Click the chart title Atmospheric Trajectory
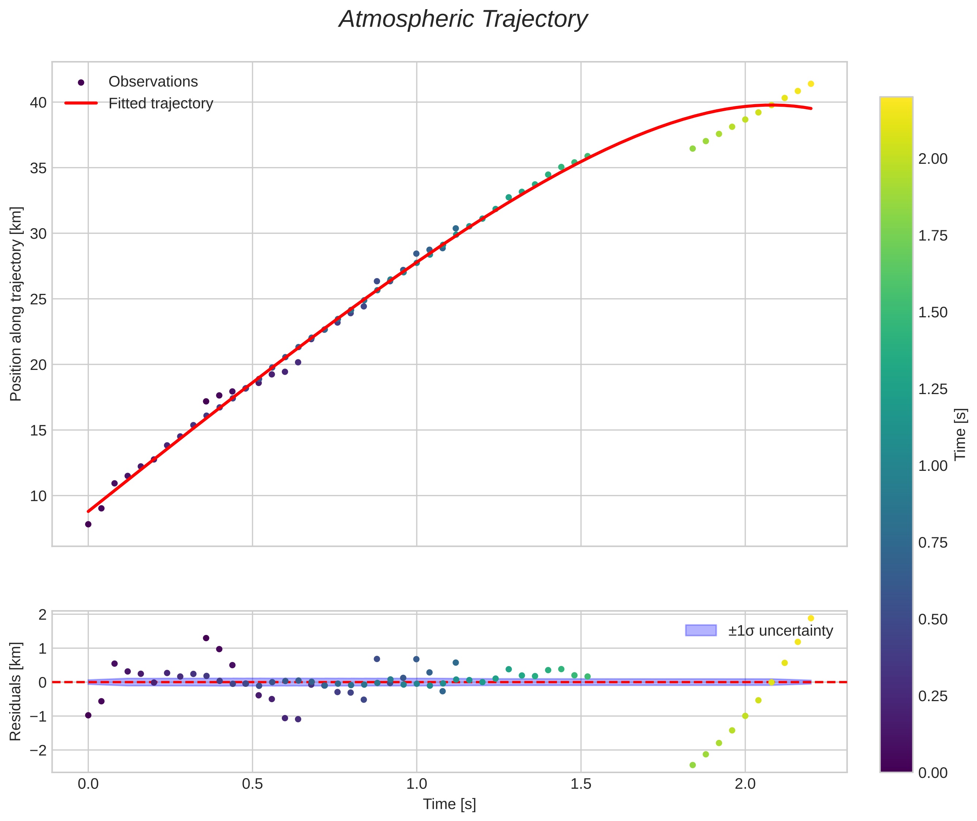tap(463, 19)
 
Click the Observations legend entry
tap(153, 82)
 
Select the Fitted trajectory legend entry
tap(160, 103)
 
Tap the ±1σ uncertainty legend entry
tap(780, 631)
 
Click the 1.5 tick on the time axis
tap(581, 784)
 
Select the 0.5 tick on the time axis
tap(252, 784)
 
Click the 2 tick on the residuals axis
tap(42, 615)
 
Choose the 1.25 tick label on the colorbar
tap(932, 389)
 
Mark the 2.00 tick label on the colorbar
tap(932, 159)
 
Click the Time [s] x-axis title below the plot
tap(449, 804)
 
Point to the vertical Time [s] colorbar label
tap(961, 434)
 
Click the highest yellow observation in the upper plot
tap(811, 84)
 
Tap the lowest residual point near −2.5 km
tap(693, 765)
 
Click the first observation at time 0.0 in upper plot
tap(88, 525)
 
